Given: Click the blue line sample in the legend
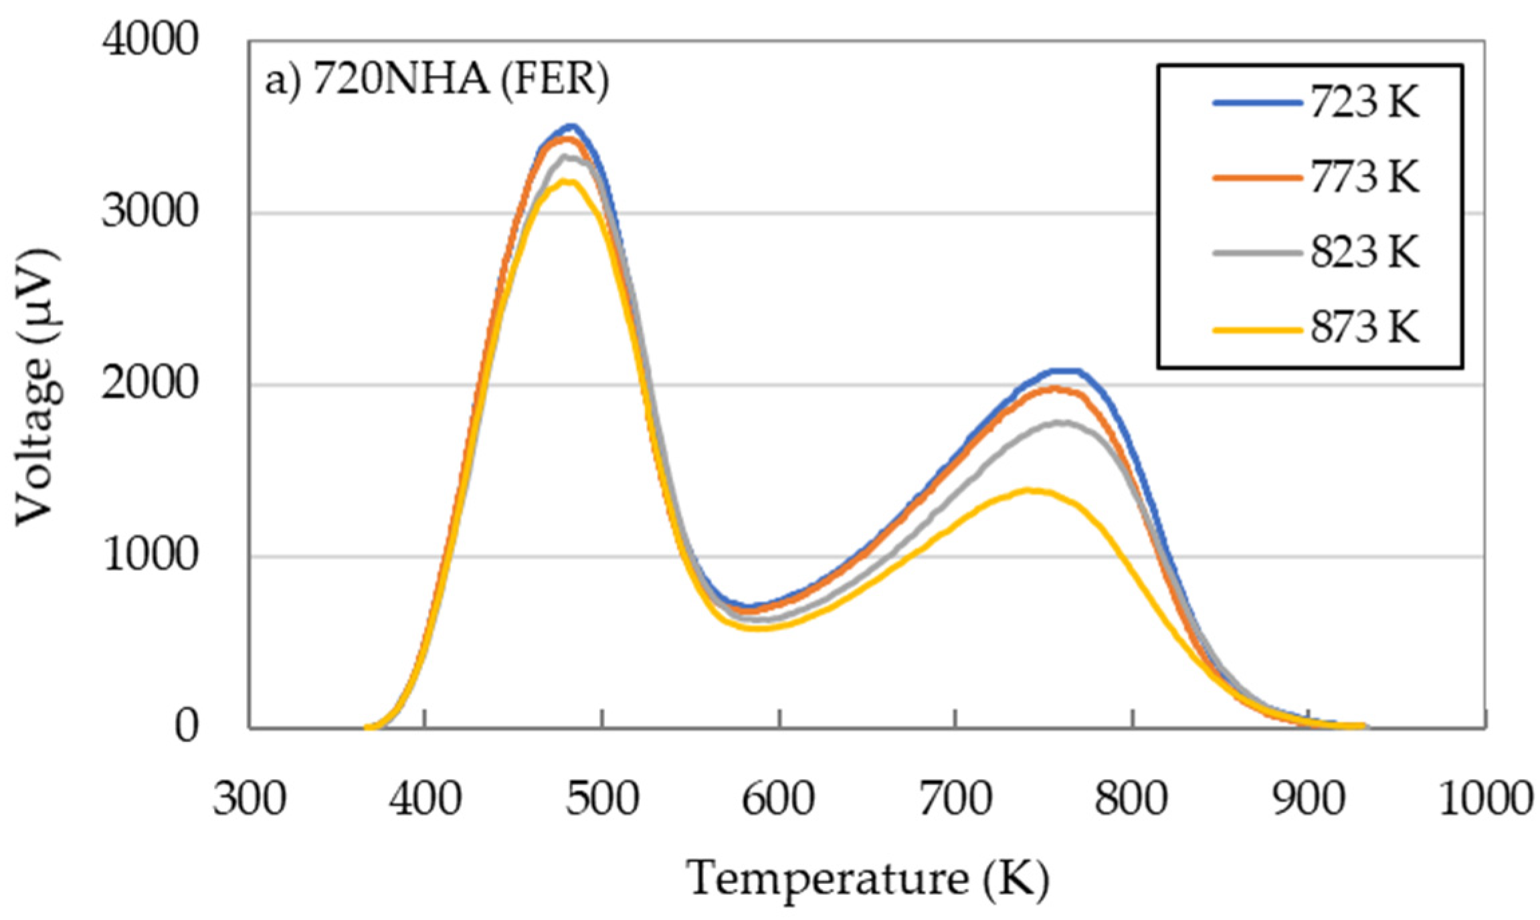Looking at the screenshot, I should click(1258, 104).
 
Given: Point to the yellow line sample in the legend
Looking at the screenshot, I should click(1258, 329).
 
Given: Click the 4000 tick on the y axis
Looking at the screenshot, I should click(150, 40).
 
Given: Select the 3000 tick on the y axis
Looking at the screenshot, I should click(150, 212).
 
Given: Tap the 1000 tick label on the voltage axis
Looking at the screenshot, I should click(150, 555).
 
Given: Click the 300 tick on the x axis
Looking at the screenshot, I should click(250, 799).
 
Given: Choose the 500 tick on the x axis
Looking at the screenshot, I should click(602, 799).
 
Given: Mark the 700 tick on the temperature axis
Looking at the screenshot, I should click(955, 799).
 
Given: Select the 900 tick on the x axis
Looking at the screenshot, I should click(1309, 799).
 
